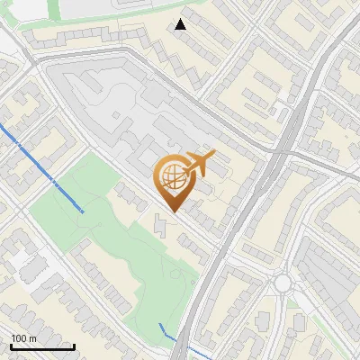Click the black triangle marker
point(181,24)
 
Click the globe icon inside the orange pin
point(173,177)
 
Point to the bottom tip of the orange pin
point(173,211)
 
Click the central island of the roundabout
point(283,283)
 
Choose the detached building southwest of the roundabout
point(263,320)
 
